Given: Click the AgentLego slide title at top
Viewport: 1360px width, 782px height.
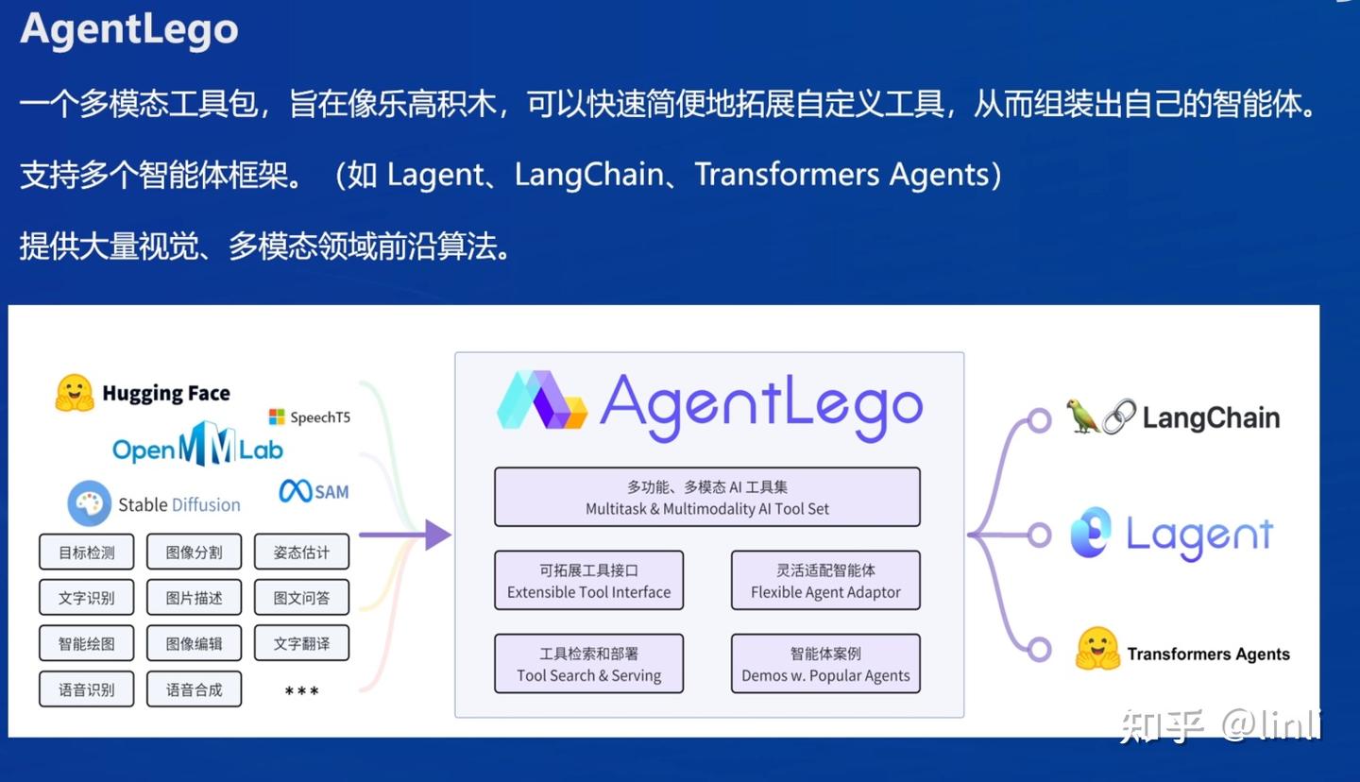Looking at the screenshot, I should point(129,30).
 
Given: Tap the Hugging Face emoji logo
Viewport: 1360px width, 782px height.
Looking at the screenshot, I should point(75,393).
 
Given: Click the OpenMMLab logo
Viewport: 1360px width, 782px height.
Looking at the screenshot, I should point(197,448).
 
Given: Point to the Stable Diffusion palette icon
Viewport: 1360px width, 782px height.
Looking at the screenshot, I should point(90,503).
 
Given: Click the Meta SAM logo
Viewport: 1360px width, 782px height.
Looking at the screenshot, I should point(314,491).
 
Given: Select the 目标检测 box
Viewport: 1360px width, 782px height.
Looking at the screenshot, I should point(86,552).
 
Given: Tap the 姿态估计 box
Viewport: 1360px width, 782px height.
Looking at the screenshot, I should point(301,552).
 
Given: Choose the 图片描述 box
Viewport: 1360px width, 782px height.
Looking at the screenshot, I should point(194,598).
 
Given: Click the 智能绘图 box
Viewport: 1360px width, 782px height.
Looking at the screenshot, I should point(86,643).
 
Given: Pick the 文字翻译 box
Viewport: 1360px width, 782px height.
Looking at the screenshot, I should point(301,643).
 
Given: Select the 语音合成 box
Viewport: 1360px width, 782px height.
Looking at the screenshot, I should point(194,689).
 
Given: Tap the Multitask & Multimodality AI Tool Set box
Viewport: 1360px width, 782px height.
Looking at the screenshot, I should point(706,498).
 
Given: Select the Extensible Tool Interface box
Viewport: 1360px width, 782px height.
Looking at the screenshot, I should point(588,581).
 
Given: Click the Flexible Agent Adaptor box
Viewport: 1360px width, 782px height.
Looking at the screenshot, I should point(824,581).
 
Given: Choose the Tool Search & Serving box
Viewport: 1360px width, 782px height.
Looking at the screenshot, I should point(588,664).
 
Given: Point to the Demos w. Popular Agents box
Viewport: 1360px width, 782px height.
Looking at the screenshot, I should point(824,664).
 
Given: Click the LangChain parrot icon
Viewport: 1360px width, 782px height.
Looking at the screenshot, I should point(1082,416).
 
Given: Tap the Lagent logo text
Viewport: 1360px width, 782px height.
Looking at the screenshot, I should point(1198,535).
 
